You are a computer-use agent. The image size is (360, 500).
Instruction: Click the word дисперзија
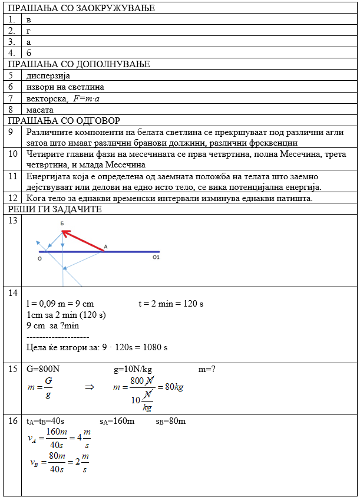(x=48, y=76)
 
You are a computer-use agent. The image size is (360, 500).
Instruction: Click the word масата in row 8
(x=40, y=110)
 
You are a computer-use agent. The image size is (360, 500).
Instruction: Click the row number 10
(x=12, y=154)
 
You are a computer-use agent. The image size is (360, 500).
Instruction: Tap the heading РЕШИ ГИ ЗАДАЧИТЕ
(x=55, y=209)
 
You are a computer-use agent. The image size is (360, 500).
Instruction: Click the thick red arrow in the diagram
(x=82, y=241)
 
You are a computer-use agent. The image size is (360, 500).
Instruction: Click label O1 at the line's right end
(x=156, y=257)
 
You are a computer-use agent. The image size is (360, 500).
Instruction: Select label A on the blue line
(x=105, y=246)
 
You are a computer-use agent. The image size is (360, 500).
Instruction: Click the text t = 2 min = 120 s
(x=170, y=304)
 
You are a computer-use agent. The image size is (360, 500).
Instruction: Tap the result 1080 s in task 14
(x=153, y=347)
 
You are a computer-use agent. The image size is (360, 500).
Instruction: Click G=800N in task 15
(x=44, y=370)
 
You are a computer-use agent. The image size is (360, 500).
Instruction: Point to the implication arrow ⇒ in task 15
(x=90, y=387)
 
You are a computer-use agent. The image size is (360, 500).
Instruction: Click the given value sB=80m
(x=171, y=422)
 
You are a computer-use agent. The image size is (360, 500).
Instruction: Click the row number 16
(x=12, y=422)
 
